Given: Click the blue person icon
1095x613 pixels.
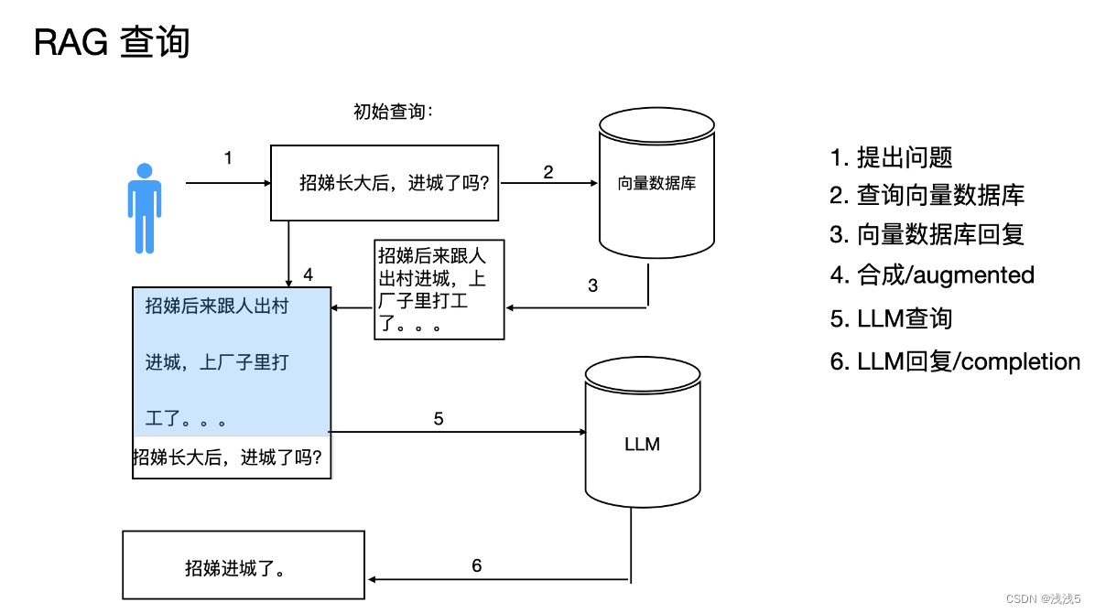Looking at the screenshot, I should point(144,208).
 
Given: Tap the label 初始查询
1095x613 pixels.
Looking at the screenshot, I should point(392,113).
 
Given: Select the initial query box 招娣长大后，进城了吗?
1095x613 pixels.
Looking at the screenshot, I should point(385,183).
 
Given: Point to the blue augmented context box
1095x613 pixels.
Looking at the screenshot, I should point(231,360).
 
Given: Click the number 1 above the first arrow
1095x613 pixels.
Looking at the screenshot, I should point(228,158).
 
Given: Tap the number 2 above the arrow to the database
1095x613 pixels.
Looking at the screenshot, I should point(547,171).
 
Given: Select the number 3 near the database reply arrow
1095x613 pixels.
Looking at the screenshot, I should point(592,285).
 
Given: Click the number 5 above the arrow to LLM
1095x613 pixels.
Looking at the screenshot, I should point(439,419).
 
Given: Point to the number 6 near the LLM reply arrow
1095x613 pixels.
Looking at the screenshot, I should point(476,566).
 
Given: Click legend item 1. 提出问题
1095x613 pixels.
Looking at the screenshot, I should point(891,157).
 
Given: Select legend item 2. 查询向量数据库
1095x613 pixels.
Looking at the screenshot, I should point(927,195).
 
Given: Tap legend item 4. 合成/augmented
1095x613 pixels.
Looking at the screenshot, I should point(932,274).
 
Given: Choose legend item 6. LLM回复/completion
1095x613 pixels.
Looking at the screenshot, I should point(955,361).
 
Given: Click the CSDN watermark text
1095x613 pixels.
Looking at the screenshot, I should point(1043,598).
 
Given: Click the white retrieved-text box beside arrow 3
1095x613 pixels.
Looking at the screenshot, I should point(439,289).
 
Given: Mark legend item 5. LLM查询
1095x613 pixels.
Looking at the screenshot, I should point(891,318).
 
